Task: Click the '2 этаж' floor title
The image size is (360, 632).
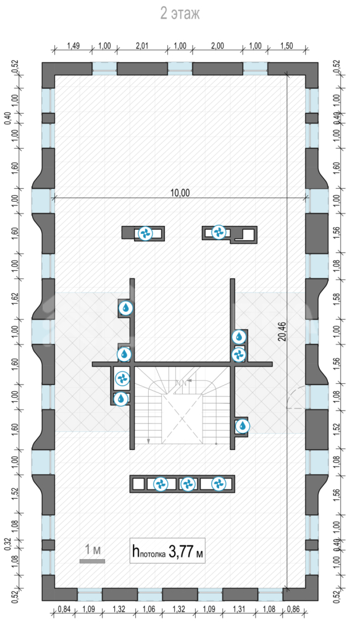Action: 180,14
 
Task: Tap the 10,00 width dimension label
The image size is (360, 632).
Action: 180,193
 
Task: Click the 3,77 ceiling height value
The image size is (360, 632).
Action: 180,551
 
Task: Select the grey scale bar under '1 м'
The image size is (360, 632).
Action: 93,560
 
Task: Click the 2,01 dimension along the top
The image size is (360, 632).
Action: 142,46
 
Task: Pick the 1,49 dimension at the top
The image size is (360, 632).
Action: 73,46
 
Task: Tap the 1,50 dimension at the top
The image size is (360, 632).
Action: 287,46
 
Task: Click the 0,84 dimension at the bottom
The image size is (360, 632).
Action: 64,609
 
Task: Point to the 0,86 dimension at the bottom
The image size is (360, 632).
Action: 295,609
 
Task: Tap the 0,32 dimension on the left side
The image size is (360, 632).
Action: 8,544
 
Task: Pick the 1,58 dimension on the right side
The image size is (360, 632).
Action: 338,299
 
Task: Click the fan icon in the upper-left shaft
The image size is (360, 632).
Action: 145,233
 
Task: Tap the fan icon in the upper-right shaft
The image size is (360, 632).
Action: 219,232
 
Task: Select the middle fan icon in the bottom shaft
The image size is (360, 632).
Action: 188,484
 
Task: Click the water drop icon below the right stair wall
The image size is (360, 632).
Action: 242,426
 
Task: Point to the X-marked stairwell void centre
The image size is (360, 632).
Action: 182,419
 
